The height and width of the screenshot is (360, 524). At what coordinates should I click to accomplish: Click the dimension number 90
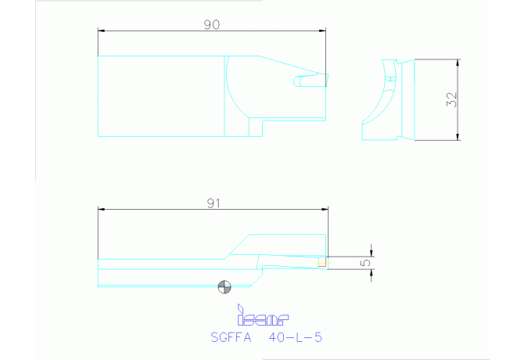coord(211,24)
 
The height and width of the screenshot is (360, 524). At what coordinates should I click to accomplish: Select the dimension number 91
coord(212,203)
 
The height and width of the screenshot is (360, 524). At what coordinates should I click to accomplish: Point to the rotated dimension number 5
coord(365,263)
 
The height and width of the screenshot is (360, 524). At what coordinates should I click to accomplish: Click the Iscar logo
coord(262,317)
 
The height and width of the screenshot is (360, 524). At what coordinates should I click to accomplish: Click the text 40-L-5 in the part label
coord(295,338)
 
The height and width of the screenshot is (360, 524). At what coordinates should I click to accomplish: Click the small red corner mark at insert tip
coord(321,262)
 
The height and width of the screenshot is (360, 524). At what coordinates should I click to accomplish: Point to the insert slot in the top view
coord(308,80)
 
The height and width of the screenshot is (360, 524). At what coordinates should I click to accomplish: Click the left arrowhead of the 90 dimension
coord(102,31)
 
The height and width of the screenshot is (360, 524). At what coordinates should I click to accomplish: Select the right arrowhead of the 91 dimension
coord(324,210)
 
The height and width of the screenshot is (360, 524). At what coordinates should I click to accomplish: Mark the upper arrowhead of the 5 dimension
coord(371,254)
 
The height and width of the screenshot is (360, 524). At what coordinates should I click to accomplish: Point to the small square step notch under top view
coord(256,127)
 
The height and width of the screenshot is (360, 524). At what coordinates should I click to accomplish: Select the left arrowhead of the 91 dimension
coord(102,210)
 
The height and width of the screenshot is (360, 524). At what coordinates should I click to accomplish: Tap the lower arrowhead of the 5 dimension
coord(371,272)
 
